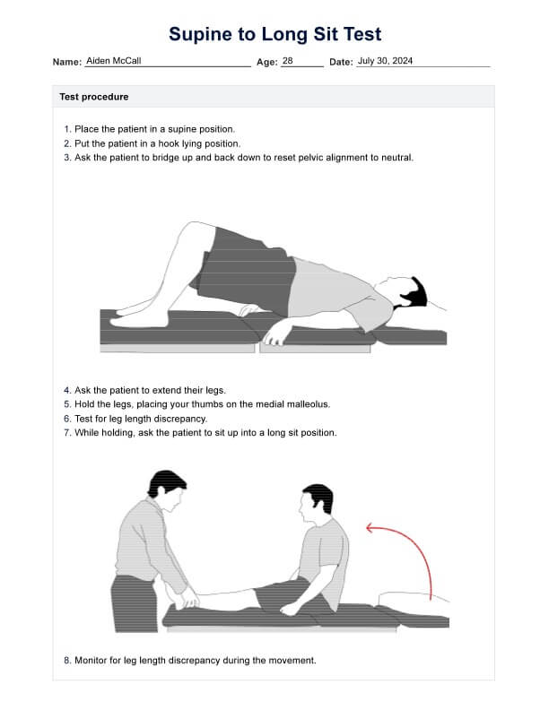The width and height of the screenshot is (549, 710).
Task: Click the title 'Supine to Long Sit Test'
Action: tap(275, 34)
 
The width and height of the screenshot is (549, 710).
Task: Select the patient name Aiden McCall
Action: tap(114, 61)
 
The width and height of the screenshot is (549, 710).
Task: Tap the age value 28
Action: tap(288, 61)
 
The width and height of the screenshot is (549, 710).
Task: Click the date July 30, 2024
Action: tap(385, 61)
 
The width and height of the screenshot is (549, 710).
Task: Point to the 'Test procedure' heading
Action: tap(94, 97)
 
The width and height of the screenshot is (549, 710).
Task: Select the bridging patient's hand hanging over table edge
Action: tap(275, 336)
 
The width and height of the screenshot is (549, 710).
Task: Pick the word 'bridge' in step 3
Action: tap(165, 158)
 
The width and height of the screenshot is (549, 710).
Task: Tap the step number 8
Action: tap(67, 660)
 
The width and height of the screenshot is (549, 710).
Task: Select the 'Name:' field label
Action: tap(67, 62)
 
